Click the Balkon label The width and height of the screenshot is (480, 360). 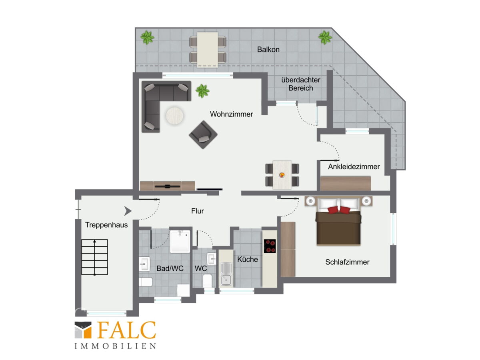tap(268, 49)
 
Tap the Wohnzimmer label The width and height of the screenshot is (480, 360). tap(231, 114)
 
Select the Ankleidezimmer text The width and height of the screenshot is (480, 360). tap(354, 166)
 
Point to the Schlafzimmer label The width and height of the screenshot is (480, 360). tap(347, 262)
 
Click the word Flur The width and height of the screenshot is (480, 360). tap(198, 211)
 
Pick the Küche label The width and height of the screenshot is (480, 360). tap(248, 259)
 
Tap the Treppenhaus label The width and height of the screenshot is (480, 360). tap(106, 225)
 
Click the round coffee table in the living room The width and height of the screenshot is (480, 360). tap(174, 116)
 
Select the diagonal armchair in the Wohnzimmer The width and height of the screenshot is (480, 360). tap(203, 135)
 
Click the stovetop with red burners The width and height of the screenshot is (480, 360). tap(270, 246)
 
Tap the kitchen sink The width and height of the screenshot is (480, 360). tap(226, 275)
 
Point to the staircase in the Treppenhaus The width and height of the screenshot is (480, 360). tap(94, 257)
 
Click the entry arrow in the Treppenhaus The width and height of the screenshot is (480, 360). tap(128, 211)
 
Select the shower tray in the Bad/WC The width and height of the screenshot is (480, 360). tap(180, 241)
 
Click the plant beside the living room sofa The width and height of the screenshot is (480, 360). tap(202, 91)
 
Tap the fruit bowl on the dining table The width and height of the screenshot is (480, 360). tap(282, 175)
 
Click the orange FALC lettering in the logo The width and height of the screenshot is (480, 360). tap(126, 330)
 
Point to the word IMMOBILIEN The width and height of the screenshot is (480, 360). tap(115, 346)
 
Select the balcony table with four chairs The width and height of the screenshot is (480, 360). tap(208, 50)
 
